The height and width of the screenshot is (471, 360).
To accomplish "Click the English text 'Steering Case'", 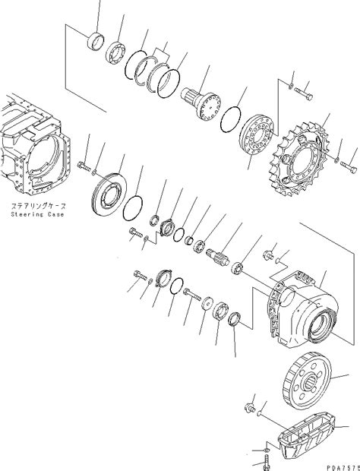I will click(x=37, y=214).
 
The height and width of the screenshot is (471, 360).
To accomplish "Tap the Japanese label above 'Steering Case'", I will click(x=37, y=206).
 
